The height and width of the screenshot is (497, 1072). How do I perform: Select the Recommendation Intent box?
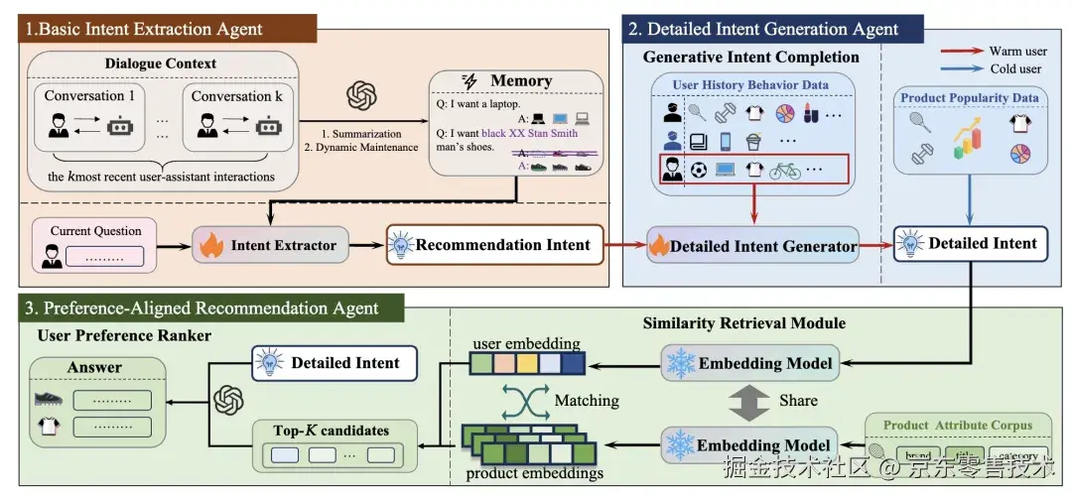[495, 244]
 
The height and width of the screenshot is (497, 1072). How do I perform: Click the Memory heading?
[520, 81]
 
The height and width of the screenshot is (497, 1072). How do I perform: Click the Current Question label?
[96, 231]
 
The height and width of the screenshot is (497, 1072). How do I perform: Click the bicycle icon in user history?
[784, 170]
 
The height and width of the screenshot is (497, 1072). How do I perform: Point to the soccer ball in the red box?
[699, 170]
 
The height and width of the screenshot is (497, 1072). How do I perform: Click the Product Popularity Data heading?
[969, 98]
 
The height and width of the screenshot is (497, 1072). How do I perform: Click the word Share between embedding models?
[799, 400]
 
